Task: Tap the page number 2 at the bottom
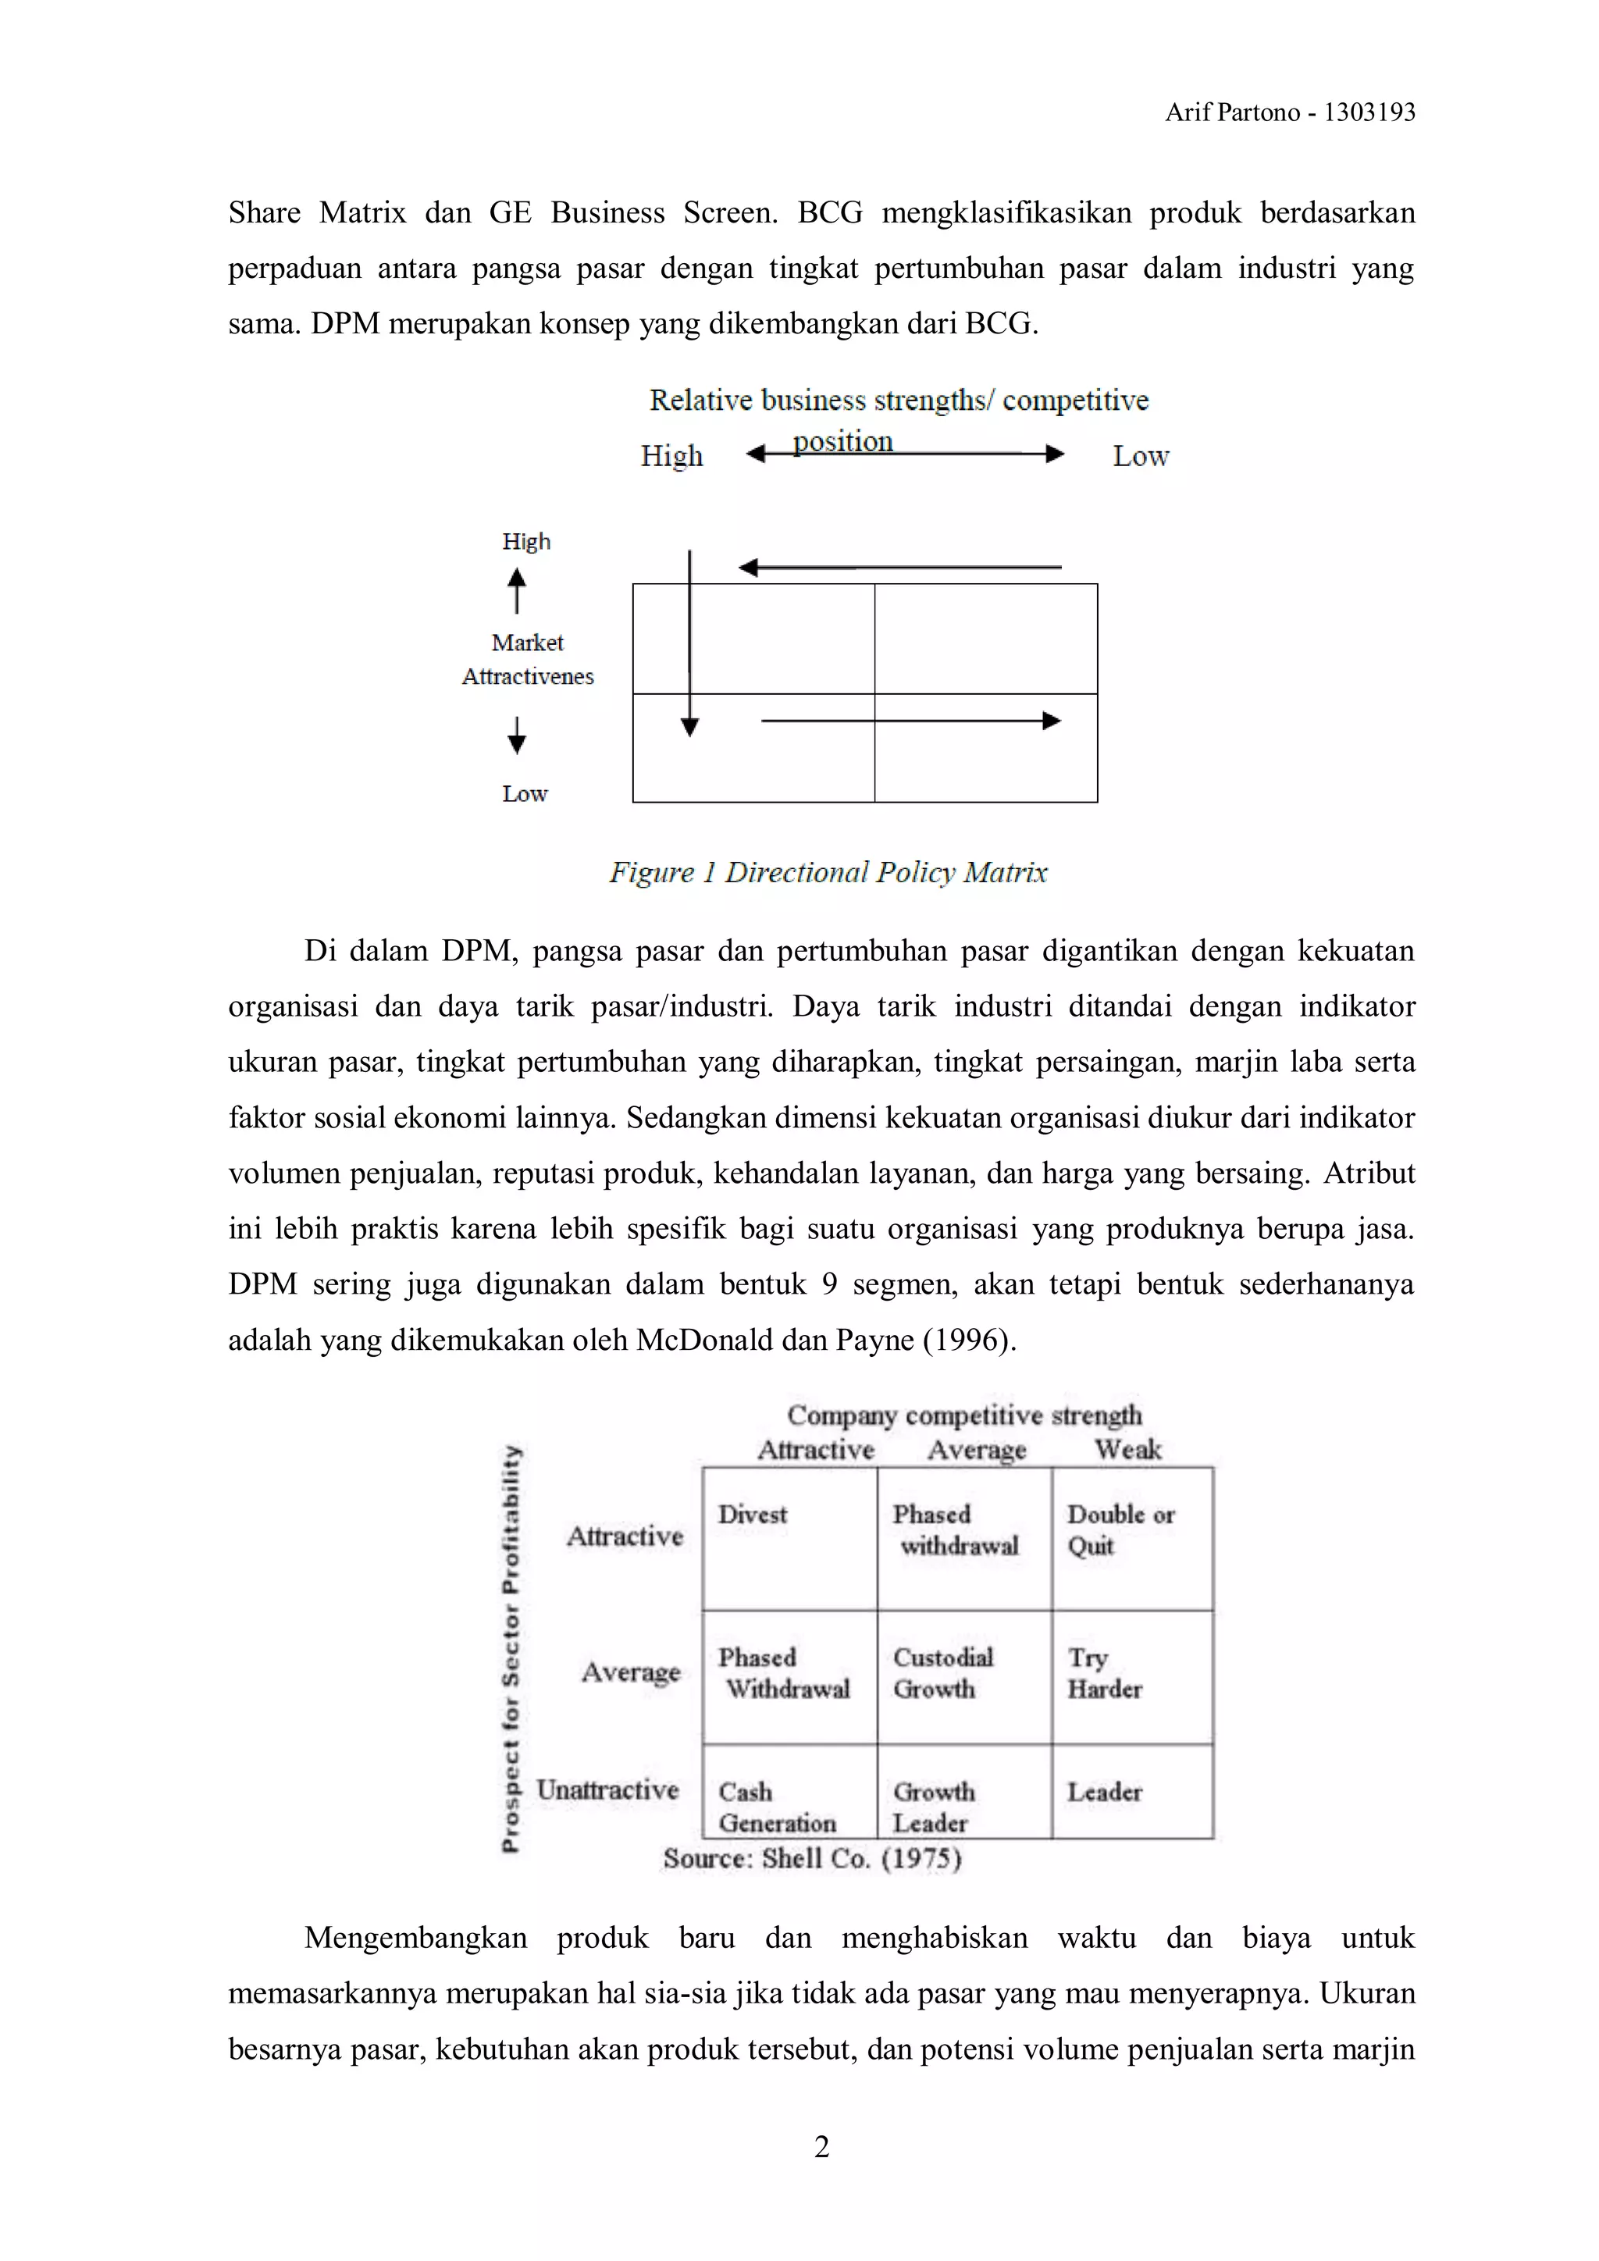tap(822, 2147)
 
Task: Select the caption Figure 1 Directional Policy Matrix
tap(827, 873)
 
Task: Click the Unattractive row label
tap(607, 1789)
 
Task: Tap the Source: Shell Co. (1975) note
tap(812, 1858)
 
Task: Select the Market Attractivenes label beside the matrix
tap(528, 660)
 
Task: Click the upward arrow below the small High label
tap(517, 591)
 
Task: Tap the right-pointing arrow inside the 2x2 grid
tap(911, 721)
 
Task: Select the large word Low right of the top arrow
tap(1140, 457)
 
